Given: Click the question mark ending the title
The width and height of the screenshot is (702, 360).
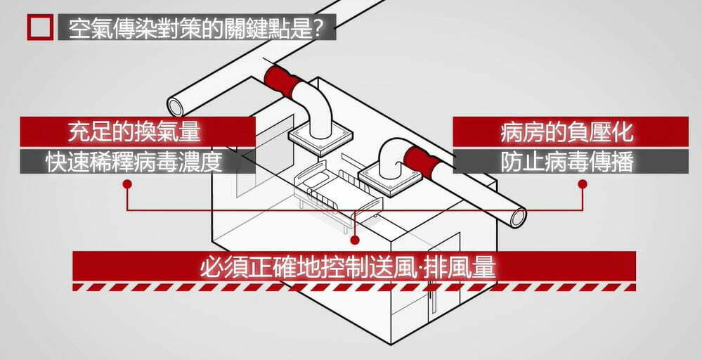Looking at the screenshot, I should [325, 29].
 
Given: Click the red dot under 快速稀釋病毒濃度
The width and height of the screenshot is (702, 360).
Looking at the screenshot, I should [126, 184].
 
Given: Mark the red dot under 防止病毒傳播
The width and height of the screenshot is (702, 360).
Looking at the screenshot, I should [582, 184].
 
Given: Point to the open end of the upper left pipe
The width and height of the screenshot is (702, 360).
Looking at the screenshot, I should [178, 105].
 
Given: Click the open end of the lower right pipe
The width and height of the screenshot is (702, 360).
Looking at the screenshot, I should [519, 218].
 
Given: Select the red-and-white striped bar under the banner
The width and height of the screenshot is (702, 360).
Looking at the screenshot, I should [355, 287].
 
